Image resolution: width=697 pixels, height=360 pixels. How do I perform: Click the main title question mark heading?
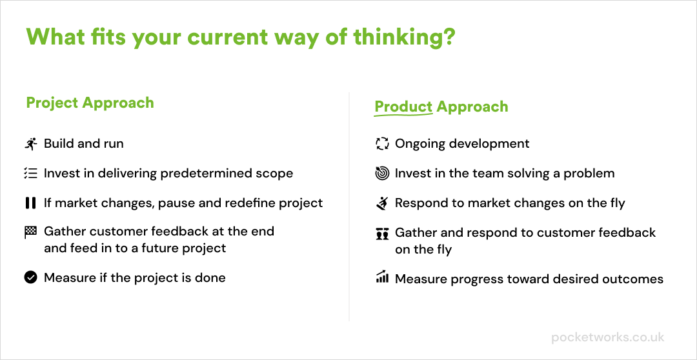(241, 37)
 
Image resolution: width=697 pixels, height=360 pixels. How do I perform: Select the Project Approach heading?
(90, 103)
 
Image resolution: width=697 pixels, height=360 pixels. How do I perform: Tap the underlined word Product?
(403, 106)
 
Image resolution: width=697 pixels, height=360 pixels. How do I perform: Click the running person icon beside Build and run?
(31, 144)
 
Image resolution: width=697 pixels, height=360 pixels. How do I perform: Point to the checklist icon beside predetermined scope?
(31, 174)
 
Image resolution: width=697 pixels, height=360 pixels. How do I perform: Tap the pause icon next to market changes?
(31, 203)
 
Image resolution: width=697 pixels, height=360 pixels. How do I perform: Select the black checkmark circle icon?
(31, 278)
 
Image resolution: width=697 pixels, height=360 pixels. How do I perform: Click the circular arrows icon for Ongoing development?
(382, 144)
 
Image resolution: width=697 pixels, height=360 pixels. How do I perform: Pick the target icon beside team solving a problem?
(382, 174)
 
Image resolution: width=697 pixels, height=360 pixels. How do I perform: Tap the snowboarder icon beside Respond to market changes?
(382, 203)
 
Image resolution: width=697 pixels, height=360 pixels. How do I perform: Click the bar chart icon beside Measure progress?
(382, 277)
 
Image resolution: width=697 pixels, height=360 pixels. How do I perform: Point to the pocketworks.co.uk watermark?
(608, 337)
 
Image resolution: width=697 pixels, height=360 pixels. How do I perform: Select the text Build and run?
(83, 144)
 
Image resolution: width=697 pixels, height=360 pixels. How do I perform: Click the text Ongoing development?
(462, 144)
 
